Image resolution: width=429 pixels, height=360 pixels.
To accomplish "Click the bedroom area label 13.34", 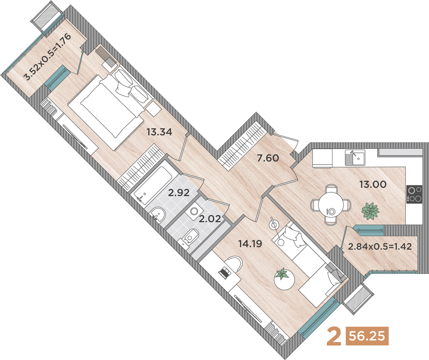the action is (159, 132).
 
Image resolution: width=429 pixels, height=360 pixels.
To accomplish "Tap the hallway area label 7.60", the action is (268, 158).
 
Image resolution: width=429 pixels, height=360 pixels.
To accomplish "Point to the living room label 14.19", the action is (250, 243).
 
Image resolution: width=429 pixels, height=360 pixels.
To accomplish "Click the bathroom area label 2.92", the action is (178, 193).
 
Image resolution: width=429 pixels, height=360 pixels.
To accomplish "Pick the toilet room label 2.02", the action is (210, 219).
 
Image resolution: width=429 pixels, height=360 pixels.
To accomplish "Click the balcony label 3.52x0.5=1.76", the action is (48, 57).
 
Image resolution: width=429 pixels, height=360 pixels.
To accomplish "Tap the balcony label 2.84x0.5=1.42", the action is (380, 246).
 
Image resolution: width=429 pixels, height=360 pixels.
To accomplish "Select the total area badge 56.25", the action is (367, 336).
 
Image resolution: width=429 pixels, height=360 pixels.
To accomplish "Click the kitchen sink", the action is (355, 157).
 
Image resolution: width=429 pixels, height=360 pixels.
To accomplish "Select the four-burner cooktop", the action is (414, 194).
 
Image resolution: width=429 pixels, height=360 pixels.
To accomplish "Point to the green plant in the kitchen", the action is (370, 211).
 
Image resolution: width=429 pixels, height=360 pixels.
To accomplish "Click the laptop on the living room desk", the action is (225, 272).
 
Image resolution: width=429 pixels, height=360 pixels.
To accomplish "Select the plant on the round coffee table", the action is (282, 274).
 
